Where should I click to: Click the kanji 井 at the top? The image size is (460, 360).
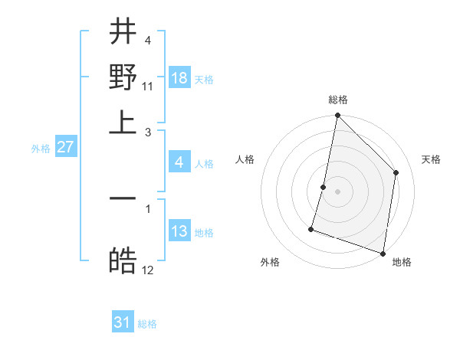point(123,33)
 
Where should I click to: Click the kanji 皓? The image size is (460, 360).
point(123,260)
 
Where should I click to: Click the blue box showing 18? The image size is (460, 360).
point(179,78)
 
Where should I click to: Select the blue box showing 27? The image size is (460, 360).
point(65,147)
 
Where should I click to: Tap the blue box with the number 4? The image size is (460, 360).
point(179,162)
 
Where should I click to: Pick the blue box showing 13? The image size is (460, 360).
point(179,231)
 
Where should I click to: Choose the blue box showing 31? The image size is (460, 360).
point(123,322)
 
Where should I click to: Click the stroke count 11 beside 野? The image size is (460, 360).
point(147,86)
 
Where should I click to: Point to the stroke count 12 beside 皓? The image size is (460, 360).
point(148,270)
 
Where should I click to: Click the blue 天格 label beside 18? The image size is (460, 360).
point(204,80)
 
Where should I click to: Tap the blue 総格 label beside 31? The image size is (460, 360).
point(147,324)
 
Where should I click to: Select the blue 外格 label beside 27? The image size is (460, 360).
point(41,149)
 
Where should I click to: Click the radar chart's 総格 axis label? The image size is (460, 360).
point(337,100)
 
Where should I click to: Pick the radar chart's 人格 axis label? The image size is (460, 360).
point(245,159)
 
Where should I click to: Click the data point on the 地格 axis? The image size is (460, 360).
point(383,253)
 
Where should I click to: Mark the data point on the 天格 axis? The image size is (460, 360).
point(396,172)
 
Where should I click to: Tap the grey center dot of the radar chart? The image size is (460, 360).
point(337,191)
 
